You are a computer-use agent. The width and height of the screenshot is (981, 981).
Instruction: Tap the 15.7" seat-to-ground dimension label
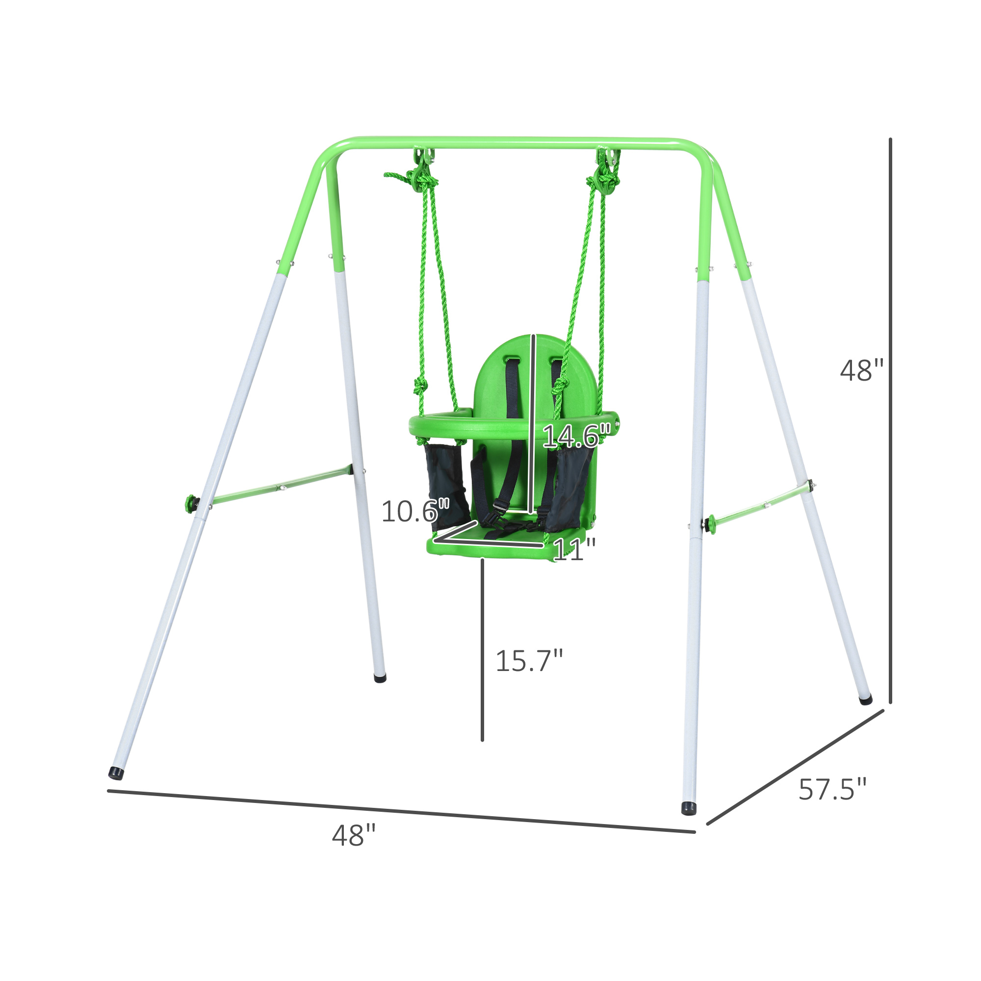529,661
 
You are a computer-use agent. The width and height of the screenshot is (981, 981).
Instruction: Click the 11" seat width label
574,549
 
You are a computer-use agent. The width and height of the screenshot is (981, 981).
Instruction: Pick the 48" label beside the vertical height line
862,371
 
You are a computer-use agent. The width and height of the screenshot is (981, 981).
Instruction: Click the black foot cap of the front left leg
116,773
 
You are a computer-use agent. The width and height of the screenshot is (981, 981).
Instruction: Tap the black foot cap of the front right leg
689,808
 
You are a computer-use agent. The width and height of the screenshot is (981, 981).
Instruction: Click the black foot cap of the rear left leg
380,678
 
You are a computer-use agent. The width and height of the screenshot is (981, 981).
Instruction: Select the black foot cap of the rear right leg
865,700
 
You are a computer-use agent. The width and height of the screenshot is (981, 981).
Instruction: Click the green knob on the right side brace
712,523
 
